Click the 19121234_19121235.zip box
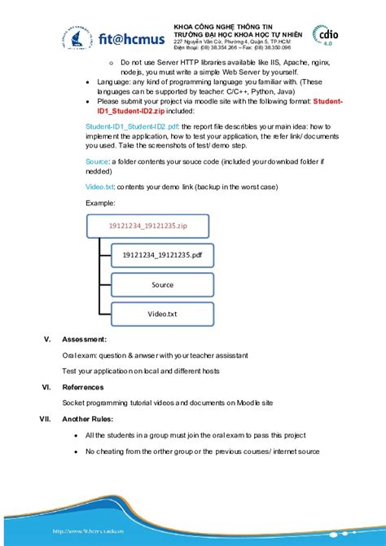tap(147, 225)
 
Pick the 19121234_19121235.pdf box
tap(161, 255)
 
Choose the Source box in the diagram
tap(162, 284)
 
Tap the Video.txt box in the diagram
tap(162, 313)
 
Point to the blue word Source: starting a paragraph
tap(97, 161)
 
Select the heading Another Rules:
tap(89, 419)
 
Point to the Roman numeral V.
tap(47, 338)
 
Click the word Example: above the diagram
tap(100, 202)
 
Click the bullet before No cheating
tap(76, 451)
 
